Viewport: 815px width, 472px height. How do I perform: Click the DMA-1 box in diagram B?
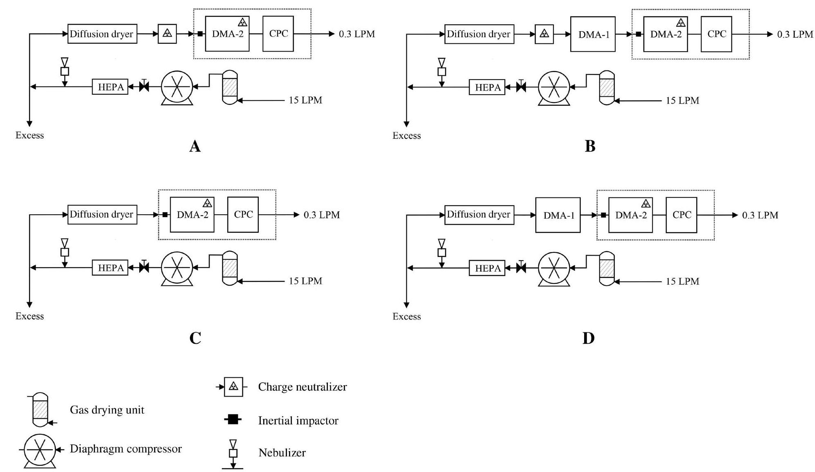[x=592, y=34]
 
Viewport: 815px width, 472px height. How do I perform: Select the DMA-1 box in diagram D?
[x=558, y=215]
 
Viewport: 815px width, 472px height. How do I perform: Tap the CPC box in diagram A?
[x=278, y=34]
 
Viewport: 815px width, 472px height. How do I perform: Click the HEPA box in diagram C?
[x=110, y=268]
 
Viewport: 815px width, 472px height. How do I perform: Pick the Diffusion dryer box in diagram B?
[x=479, y=34]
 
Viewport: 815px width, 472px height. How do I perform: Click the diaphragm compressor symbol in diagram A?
[x=177, y=87]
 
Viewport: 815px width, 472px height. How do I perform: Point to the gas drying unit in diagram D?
[x=607, y=268]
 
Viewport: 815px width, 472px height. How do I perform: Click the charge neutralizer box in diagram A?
[x=167, y=34]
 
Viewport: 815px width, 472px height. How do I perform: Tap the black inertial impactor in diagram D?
[x=603, y=215]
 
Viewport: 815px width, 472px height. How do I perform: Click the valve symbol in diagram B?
[x=521, y=87]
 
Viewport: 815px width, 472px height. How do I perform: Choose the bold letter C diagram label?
[x=195, y=338]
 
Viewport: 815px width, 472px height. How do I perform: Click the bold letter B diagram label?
[x=590, y=146]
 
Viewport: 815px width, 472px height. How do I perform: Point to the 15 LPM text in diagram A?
[x=305, y=100]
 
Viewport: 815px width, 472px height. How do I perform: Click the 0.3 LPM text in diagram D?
[x=760, y=215]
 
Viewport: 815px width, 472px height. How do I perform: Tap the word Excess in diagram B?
[x=406, y=136]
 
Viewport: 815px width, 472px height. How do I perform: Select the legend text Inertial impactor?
[x=298, y=420]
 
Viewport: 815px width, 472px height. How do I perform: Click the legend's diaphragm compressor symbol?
[x=40, y=449]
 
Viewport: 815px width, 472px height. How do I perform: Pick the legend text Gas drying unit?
[x=107, y=410]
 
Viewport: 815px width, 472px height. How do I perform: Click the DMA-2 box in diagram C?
[x=192, y=215]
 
